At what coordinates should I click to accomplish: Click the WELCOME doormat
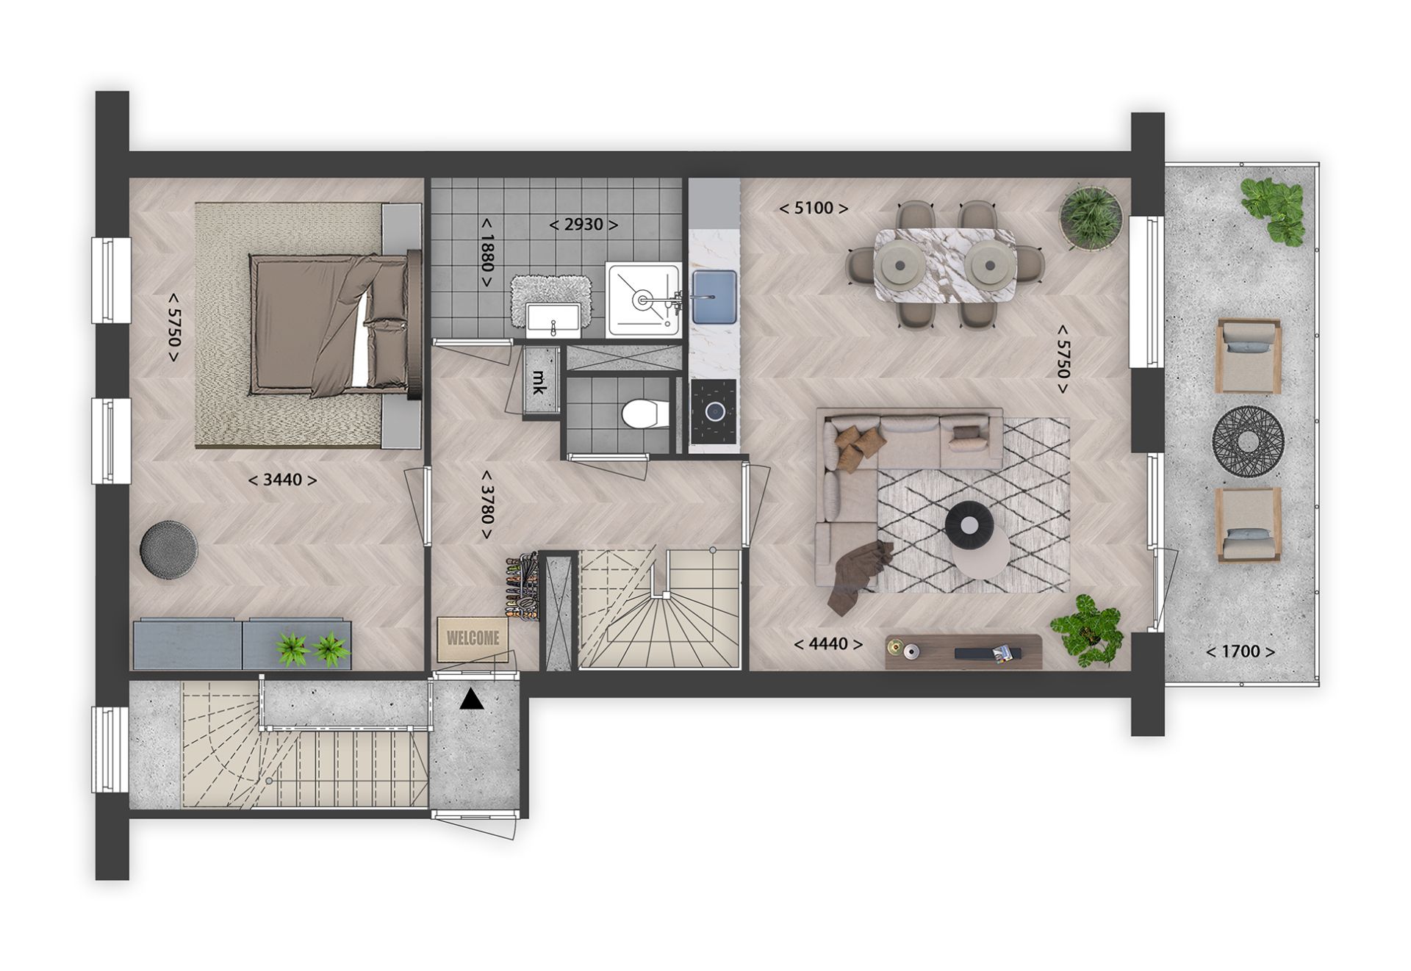point(473,638)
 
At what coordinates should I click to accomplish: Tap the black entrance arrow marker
point(472,699)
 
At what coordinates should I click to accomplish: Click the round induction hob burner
point(713,411)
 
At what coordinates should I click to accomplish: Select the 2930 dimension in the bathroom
point(584,224)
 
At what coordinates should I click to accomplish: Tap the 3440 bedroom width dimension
point(283,480)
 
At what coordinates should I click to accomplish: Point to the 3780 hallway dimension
point(486,505)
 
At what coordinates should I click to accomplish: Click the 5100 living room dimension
point(814,209)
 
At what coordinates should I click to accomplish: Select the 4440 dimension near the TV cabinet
point(828,645)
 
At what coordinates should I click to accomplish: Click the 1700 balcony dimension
point(1240,651)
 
